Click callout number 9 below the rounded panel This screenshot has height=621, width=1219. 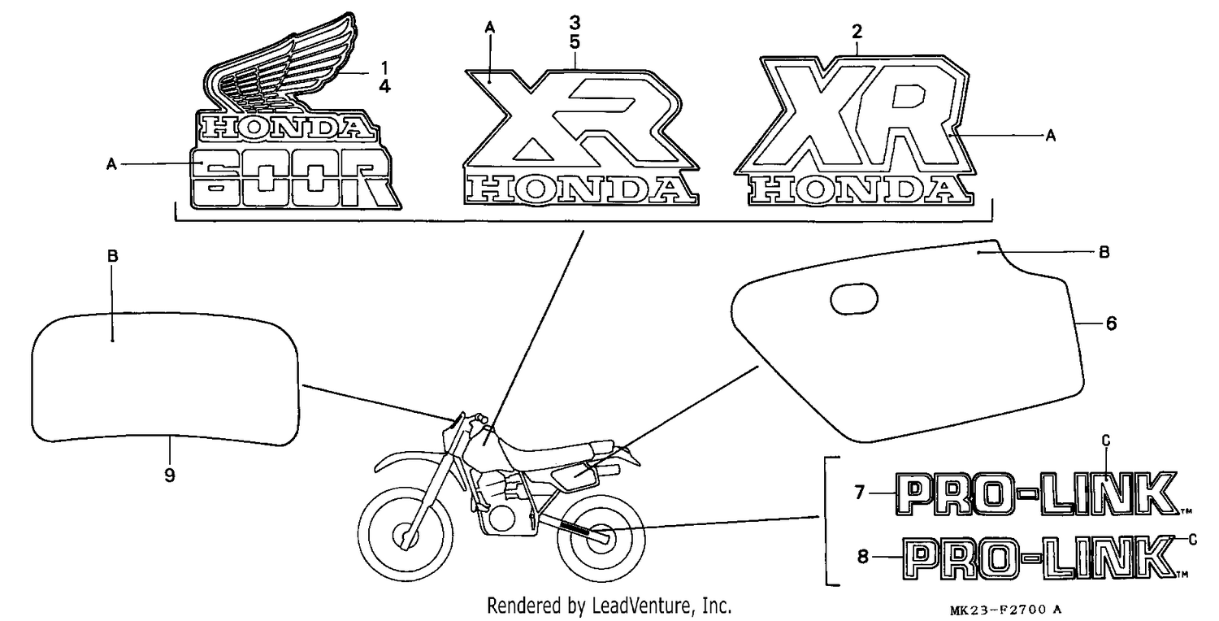[x=170, y=476]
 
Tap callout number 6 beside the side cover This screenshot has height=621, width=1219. [x=1111, y=324]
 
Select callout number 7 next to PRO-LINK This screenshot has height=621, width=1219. [x=859, y=493]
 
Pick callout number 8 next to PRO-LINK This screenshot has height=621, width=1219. [x=862, y=557]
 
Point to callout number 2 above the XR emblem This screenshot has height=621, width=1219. [x=857, y=33]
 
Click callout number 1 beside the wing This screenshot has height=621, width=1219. [x=384, y=68]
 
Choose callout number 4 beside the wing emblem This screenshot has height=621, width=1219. [x=384, y=86]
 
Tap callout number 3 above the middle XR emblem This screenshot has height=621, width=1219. [x=575, y=23]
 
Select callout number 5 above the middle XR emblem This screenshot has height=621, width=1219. [x=575, y=42]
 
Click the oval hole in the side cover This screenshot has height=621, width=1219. [x=854, y=298]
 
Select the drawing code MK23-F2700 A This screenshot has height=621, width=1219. [x=1006, y=610]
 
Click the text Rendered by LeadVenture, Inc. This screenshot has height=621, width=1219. [x=609, y=606]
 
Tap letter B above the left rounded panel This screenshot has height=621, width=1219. [x=113, y=256]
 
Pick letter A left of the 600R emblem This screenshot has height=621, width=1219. [x=111, y=164]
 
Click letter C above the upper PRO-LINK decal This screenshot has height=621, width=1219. [x=1106, y=441]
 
